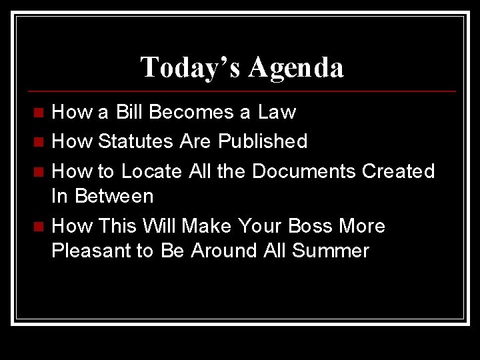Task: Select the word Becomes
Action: pyautogui.click(x=194, y=112)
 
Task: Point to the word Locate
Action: pyautogui.click(x=151, y=171)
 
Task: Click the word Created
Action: pyautogui.click(x=398, y=171)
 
